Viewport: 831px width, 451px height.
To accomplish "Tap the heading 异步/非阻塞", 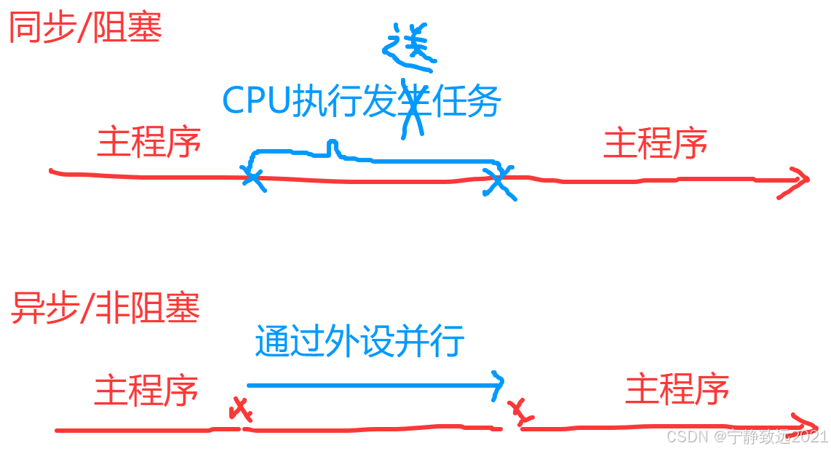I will pyautogui.click(x=105, y=308).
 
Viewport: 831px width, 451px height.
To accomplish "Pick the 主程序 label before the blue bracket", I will pyautogui.click(x=148, y=143).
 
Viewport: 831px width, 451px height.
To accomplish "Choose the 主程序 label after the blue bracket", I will pyautogui.click(x=655, y=143).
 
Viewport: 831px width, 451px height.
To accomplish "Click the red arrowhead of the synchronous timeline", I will pyautogui.click(x=798, y=182).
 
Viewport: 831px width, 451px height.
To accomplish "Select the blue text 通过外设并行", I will pyautogui.click(x=359, y=340).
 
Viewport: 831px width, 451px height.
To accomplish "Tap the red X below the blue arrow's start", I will pyautogui.click(x=241, y=411).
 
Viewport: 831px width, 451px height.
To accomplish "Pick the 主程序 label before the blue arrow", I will pyautogui.click(x=146, y=390).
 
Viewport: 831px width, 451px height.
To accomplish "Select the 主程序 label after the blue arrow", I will pyautogui.click(x=677, y=390).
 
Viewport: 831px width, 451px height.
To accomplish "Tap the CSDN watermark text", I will pyautogui.click(x=747, y=436).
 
